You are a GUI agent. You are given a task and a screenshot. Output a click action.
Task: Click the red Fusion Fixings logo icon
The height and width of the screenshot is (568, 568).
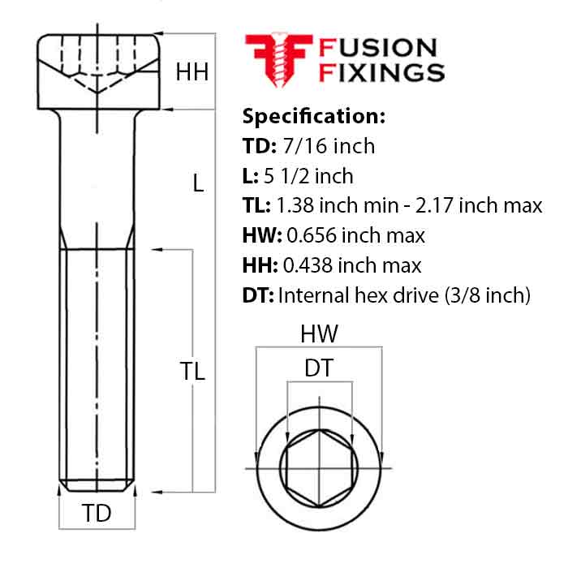[x=273, y=58]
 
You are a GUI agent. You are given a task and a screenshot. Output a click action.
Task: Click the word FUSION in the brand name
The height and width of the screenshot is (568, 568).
[x=377, y=48]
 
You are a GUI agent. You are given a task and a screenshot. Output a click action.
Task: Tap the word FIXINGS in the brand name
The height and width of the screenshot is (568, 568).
[x=382, y=73]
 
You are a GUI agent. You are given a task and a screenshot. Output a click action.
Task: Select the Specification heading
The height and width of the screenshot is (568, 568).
[x=314, y=115]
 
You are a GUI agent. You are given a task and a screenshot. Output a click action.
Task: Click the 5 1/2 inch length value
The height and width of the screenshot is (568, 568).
[x=305, y=176]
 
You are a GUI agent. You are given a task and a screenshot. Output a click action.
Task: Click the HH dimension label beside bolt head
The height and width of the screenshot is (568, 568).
[x=192, y=72]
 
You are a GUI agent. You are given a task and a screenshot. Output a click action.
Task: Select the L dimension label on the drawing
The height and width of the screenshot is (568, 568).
[x=197, y=183]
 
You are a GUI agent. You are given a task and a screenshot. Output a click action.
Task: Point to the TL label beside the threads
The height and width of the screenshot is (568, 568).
[x=192, y=372]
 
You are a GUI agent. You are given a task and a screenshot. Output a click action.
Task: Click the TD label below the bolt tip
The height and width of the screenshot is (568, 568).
[x=97, y=513]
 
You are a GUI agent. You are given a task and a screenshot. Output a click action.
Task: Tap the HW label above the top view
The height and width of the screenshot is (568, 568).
[x=319, y=334]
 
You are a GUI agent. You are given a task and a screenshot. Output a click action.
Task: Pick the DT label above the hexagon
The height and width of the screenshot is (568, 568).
[x=319, y=369]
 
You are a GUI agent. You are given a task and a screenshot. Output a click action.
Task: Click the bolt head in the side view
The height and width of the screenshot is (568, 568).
[x=97, y=71]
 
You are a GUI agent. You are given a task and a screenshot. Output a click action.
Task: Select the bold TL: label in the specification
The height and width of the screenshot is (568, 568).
[x=257, y=206]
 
